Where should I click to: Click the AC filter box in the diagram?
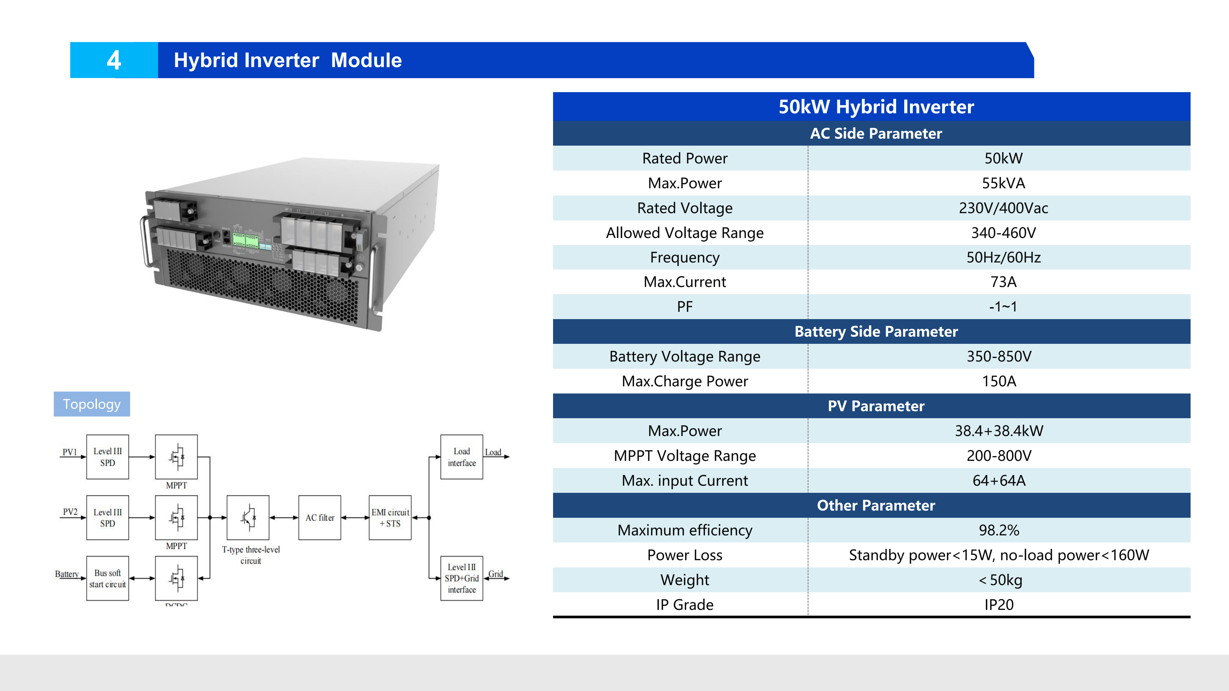(x=320, y=518)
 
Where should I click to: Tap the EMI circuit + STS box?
(x=390, y=518)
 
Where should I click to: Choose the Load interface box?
(x=461, y=457)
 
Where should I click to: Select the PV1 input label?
(x=70, y=452)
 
